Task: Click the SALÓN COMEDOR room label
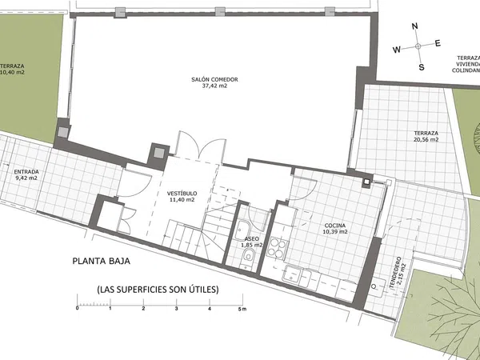pyautogui.click(x=214, y=79)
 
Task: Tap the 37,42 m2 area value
pyautogui.click(x=214, y=86)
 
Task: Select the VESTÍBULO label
pyautogui.click(x=182, y=194)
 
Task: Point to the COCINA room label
pyautogui.click(x=335, y=226)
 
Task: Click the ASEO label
pyautogui.click(x=252, y=238)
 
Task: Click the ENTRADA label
pyautogui.click(x=26, y=172)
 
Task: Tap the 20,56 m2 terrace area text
pyautogui.click(x=426, y=139)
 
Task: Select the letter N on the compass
pyautogui.click(x=414, y=26)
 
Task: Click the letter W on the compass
pyautogui.click(x=397, y=50)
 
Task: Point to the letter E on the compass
pyautogui.click(x=438, y=43)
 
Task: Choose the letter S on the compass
pyautogui.click(x=422, y=67)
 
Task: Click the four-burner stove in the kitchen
pyautogui.click(x=278, y=248)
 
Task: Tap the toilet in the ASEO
pyautogui.click(x=248, y=256)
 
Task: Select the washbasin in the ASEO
pyautogui.click(x=242, y=230)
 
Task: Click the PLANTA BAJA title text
pyautogui.click(x=102, y=261)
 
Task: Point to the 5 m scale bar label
pyautogui.click(x=242, y=309)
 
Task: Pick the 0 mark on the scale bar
pyautogui.click(x=77, y=308)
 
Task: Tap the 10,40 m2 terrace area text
pyautogui.click(x=12, y=73)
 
